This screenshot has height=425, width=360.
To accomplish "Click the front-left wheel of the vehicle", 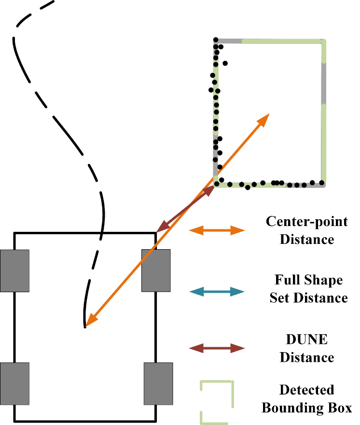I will tap(14, 270).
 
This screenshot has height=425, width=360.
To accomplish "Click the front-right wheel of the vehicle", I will tap(155, 270).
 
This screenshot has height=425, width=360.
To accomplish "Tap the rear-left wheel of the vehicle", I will tap(14, 383).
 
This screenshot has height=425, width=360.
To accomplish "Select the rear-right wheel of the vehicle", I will tap(158, 383).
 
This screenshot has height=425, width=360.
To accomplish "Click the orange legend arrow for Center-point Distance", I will tap(217, 230).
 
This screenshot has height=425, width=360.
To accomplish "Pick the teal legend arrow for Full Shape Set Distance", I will tap(217, 291).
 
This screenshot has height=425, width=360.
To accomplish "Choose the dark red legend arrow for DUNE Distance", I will tap(217, 348).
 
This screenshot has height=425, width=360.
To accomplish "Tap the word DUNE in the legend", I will tap(307, 340).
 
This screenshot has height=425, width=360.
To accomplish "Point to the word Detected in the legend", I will tap(307, 390).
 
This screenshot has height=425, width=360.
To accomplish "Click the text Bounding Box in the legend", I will tap(307, 408).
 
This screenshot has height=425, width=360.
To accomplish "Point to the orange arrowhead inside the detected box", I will tap(263, 119).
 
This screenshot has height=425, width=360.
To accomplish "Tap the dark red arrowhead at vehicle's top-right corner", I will tap(163, 227).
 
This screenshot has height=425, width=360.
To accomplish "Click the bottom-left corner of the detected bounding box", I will tap(215, 185).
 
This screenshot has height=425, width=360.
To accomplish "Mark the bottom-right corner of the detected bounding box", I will tap(324, 184).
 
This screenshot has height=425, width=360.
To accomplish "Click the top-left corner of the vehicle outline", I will tap(14, 234).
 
